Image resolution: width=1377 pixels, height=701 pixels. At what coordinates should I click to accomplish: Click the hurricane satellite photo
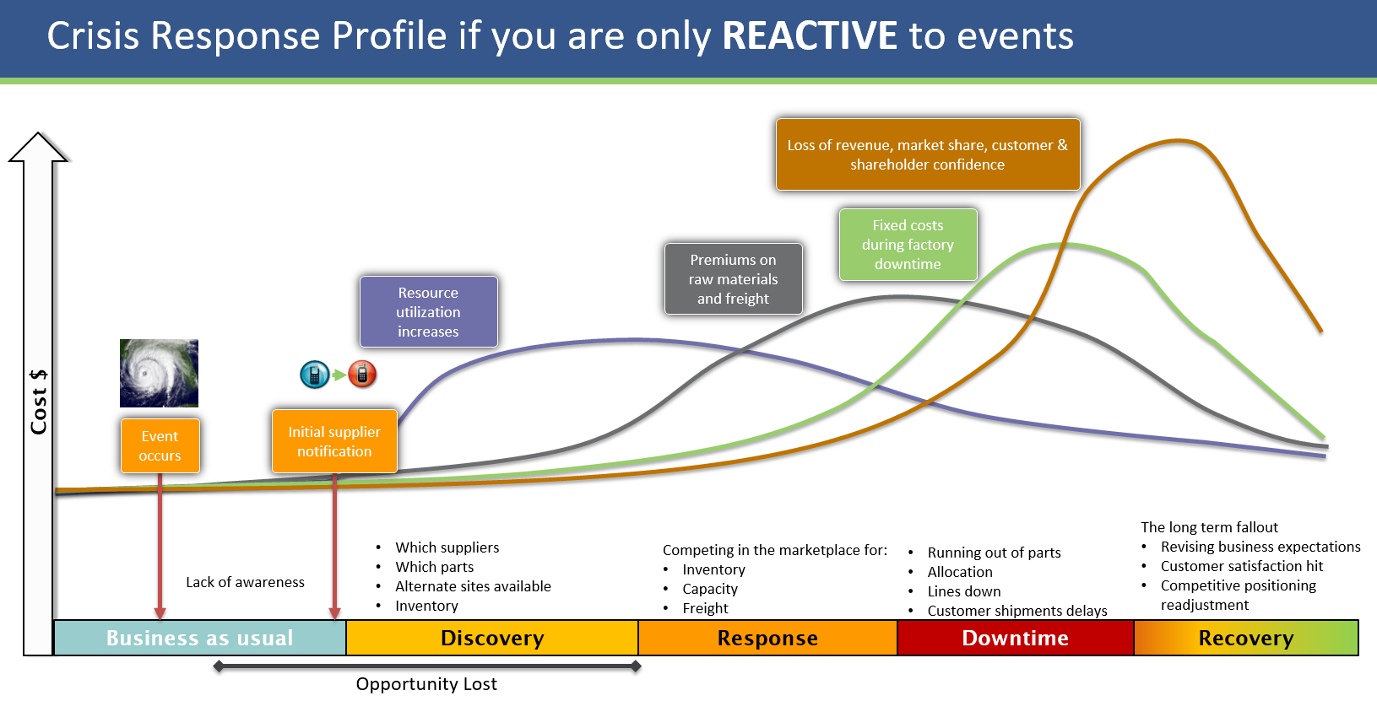(x=159, y=373)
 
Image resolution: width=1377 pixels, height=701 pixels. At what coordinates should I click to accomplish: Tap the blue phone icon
(x=314, y=374)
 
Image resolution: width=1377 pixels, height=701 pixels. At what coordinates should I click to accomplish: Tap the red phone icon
(x=362, y=374)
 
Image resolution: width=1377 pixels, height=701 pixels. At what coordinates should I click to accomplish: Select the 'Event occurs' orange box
(x=160, y=445)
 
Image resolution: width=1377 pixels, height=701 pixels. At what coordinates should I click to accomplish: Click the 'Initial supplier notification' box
(x=334, y=441)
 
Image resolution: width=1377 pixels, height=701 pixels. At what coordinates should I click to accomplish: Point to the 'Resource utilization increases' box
(x=428, y=311)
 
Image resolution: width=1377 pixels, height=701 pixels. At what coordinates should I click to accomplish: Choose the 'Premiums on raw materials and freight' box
(x=733, y=278)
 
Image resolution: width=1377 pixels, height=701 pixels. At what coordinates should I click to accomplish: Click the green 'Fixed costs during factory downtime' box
(x=908, y=245)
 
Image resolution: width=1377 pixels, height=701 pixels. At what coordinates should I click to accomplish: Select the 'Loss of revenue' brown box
(x=927, y=154)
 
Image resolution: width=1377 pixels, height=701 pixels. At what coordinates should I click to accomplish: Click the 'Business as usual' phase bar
(x=200, y=638)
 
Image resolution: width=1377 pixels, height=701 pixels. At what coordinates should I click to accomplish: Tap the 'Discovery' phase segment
(x=492, y=638)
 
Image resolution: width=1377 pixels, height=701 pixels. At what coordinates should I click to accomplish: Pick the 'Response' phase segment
(x=767, y=638)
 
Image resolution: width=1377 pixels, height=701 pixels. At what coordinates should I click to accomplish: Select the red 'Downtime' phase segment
(x=1015, y=638)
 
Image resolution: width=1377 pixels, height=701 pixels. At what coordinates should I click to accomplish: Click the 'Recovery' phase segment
(x=1245, y=638)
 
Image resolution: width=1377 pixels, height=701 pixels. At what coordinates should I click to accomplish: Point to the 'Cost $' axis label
(x=39, y=402)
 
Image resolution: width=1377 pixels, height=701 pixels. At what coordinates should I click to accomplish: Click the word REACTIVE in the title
(x=810, y=36)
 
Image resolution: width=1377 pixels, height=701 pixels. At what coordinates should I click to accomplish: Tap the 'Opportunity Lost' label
(x=426, y=683)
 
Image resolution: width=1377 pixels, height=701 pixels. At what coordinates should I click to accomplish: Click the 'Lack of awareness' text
(x=245, y=582)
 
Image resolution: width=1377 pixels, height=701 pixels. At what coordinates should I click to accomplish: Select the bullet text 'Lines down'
(x=964, y=591)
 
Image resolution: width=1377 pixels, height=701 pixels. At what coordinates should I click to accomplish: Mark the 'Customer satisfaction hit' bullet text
(x=1241, y=566)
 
